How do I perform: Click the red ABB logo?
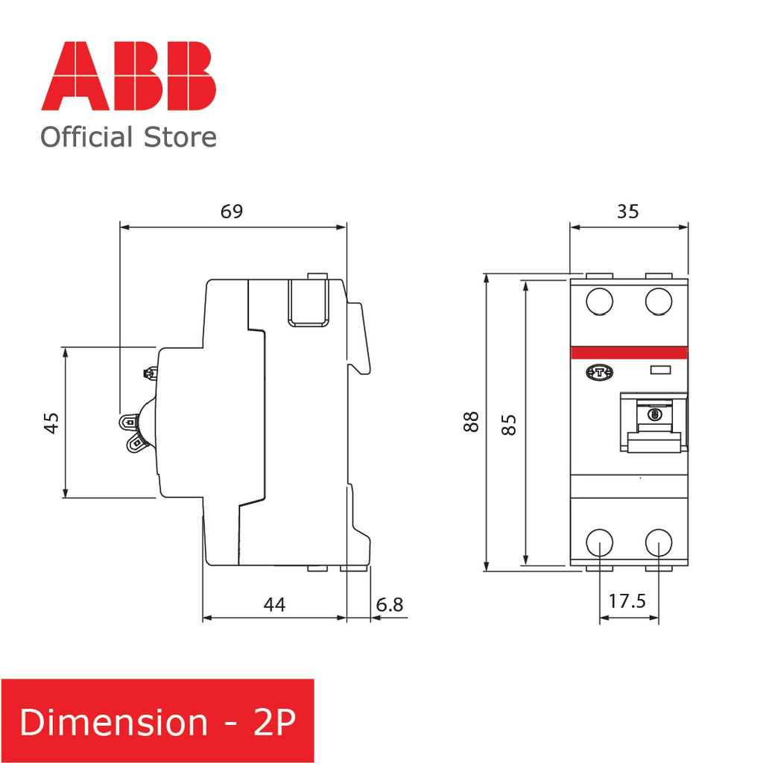pos(128,76)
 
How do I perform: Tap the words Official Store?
pos(128,138)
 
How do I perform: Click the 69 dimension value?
pos(232,211)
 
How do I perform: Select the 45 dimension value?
pos(51,423)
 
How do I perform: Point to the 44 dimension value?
pos(274,604)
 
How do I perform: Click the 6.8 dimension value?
pos(389,604)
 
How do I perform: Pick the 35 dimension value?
pos(627,211)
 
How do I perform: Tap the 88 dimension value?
pos(470,423)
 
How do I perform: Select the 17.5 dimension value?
pos(627,601)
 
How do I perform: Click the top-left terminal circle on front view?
pos(599,301)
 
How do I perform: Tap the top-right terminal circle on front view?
pos(659,301)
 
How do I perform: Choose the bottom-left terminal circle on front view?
pos(599,542)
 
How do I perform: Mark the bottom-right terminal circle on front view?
pos(659,542)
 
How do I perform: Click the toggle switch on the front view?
pos(654,425)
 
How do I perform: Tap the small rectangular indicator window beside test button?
pos(660,370)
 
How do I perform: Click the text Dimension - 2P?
pos(157,722)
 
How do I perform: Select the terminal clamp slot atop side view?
pos(308,301)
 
